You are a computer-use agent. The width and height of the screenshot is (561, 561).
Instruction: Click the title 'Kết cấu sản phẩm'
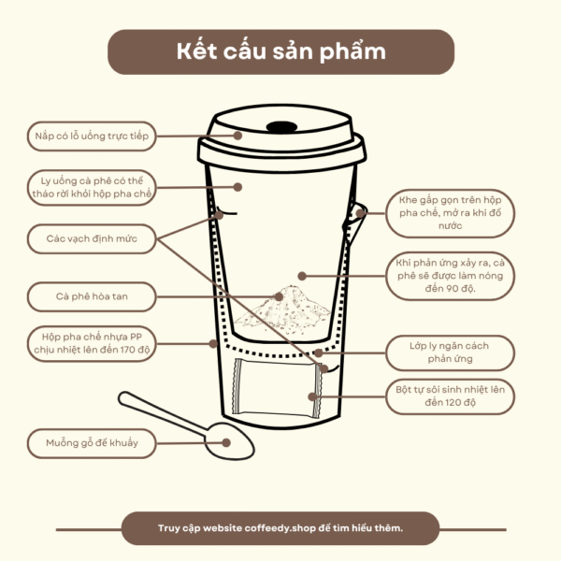(x=280, y=51)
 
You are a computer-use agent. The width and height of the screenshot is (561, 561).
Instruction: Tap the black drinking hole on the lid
(x=281, y=127)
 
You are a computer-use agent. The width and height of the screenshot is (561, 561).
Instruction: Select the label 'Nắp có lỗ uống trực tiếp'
(x=92, y=136)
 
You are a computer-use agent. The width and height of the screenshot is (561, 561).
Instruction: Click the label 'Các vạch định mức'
(x=92, y=238)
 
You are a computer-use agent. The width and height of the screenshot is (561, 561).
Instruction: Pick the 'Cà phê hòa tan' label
(x=92, y=296)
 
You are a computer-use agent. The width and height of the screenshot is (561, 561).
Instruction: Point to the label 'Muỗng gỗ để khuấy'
(x=92, y=443)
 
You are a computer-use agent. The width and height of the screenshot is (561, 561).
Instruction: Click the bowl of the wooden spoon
(x=230, y=441)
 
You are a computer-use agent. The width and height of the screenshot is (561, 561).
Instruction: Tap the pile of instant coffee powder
(x=283, y=309)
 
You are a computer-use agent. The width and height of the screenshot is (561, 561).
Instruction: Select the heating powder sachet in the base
(x=277, y=388)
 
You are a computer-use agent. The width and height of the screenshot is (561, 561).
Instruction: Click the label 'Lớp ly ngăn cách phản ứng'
(x=450, y=352)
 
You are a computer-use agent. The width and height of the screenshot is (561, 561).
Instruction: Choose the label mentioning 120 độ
(x=450, y=396)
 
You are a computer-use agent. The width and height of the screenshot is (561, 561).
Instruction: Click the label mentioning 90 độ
(x=450, y=276)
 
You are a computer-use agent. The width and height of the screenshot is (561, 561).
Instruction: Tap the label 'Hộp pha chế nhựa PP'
(x=92, y=343)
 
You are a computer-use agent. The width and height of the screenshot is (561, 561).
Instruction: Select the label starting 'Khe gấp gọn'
(x=450, y=213)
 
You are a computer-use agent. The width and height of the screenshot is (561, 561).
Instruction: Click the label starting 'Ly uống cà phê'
(x=92, y=188)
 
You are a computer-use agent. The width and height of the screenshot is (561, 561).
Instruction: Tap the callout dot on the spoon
(x=225, y=442)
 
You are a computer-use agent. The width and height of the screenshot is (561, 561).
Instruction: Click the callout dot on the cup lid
(x=237, y=136)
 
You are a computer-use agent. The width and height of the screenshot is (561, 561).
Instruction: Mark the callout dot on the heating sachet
(x=312, y=396)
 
